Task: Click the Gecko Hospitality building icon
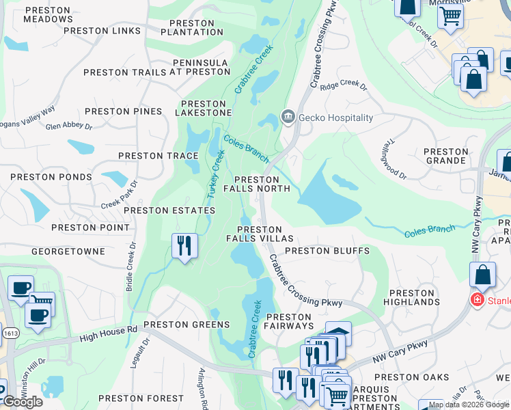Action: [x=288, y=118]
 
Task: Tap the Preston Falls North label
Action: [x=257, y=184]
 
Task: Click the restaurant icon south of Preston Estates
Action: [x=183, y=245]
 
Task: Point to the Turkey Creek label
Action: [x=217, y=175]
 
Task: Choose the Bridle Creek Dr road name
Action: [x=130, y=266]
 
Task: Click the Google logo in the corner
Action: [x=22, y=402]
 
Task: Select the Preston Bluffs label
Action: [x=327, y=251]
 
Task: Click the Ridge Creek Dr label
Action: [x=344, y=87]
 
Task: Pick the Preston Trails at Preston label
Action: [x=156, y=72]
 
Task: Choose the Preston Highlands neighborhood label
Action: [x=411, y=297]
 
